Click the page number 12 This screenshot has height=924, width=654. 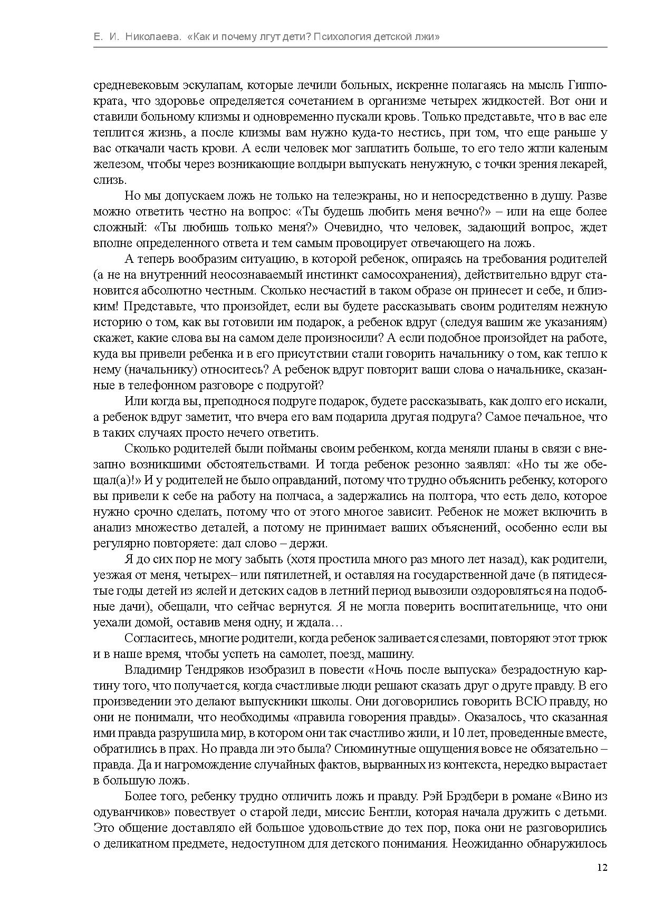[x=602, y=868]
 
